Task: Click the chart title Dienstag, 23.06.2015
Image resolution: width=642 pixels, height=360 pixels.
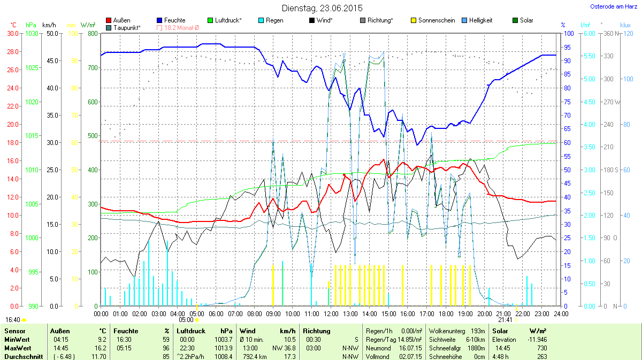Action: pyautogui.click(x=322, y=8)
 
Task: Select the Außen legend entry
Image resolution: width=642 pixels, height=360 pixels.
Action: pyautogui.click(x=121, y=20)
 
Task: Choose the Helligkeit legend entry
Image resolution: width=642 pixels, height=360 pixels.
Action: pyautogui.click(x=479, y=20)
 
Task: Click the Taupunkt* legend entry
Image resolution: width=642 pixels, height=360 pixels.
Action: pyautogui.click(x=127, y=27)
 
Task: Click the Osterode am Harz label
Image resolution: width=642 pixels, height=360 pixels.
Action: pyautogui.click(x=612, y=6)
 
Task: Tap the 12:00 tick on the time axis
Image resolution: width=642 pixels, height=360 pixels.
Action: pyautogui.click(x=331, y=313)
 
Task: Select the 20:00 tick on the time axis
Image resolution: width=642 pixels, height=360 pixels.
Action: pyautogui.click(x=485, y=313)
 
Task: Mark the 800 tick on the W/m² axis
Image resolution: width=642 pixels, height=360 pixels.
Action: pyautogui.click(x=93, y=33)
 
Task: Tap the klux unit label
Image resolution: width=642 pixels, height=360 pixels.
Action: pyautogui.click(x=625, y=25)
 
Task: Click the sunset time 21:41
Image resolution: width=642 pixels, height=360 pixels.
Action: pyautogui.click(x=505, y=320)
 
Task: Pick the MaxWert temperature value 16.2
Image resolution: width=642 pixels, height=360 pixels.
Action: pyautogui.click(x=101, y=348)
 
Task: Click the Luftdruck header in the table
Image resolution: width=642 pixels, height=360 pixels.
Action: pyautogui.click(x=191, y=331)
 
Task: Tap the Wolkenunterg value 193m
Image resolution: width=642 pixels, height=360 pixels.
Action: pyautogui.click(x=478, y=331)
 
